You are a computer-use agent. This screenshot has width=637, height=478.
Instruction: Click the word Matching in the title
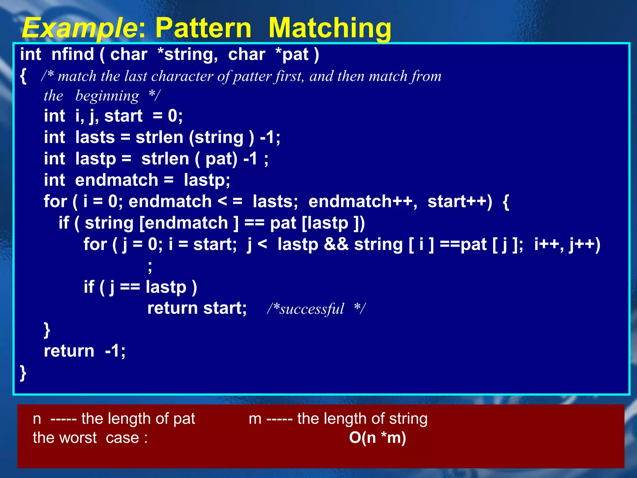click(330, 28)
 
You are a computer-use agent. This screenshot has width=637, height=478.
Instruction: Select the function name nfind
click(72, 54)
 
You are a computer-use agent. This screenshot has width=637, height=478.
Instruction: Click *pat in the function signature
click(292, 54)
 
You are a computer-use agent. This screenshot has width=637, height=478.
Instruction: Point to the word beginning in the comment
click(107, 96)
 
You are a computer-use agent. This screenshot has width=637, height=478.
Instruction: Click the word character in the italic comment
click(182, 76)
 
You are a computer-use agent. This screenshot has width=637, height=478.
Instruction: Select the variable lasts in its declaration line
click(95, 137)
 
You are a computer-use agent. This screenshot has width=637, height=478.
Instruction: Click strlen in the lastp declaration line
click(165, 159)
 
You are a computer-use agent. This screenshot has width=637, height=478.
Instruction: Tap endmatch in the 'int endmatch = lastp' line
click(117, 180)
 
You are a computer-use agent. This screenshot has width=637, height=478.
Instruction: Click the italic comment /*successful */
click(316, 309)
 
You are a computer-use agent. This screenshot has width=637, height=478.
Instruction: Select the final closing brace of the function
click(23, 373)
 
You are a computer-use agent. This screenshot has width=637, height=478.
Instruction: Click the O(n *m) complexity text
click(377, 438)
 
